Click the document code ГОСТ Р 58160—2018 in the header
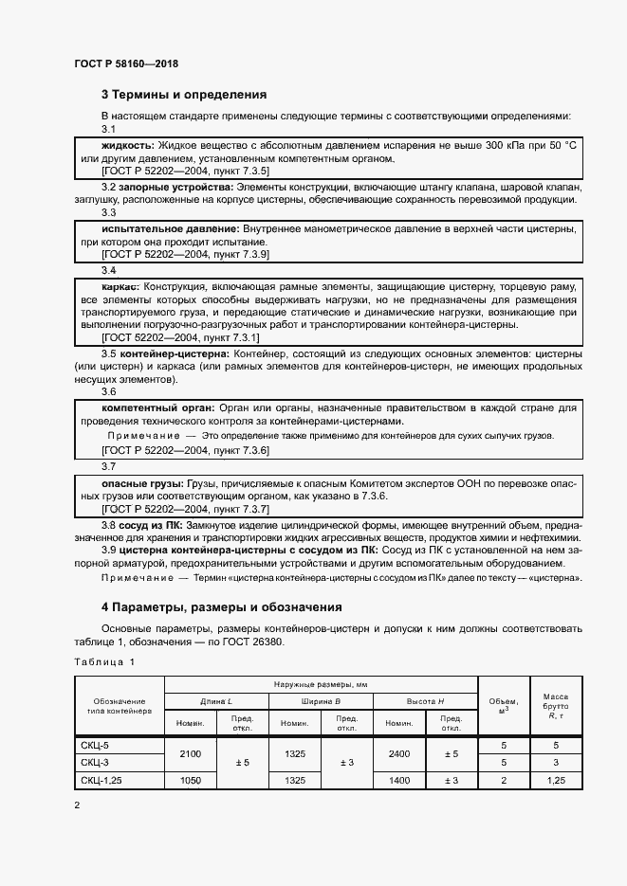125,63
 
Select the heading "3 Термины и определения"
184,95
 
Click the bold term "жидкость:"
128,146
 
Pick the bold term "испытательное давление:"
171,229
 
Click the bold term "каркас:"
120,285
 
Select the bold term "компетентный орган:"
157,407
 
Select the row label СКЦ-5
96,746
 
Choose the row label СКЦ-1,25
102,780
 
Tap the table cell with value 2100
191,754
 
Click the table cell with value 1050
191,780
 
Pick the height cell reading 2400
398,754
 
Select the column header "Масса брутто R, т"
554,706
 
